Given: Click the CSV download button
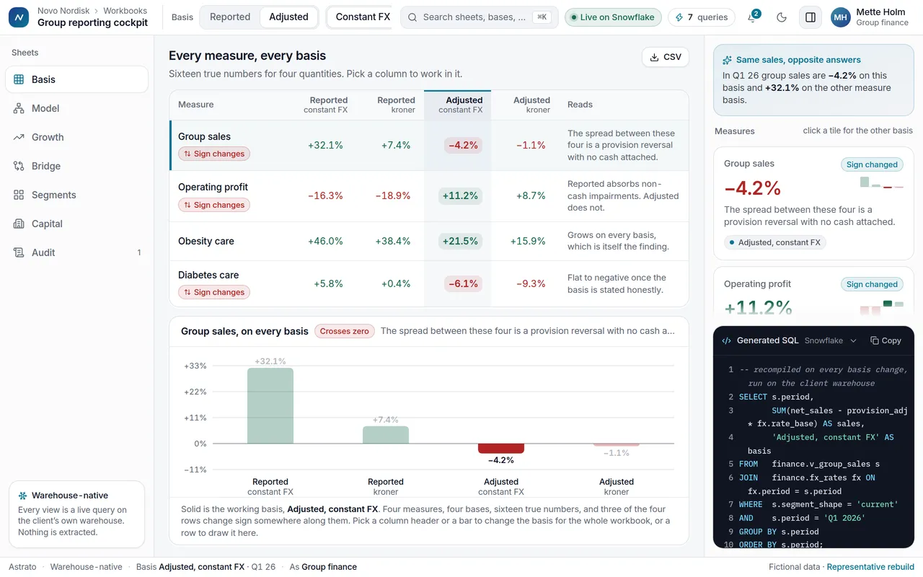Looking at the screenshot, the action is (665, 57).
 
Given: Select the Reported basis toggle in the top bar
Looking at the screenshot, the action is (230, 17).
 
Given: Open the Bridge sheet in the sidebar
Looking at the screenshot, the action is (45, 166).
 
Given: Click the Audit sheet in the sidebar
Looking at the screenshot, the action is (43, 252).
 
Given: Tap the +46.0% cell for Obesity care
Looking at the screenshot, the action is (325, 241).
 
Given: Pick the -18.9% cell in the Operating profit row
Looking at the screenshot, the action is (393, 195).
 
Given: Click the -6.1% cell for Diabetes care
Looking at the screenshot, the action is (463, 283).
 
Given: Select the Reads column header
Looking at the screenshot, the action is (580, 105).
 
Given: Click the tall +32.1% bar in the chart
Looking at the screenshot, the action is (270, 405).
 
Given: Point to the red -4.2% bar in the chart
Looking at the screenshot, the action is (501, 449).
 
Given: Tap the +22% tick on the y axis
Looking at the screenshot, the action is (195, 392).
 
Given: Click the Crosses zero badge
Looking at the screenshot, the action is (345, 331).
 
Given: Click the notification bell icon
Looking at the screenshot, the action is (752, 17).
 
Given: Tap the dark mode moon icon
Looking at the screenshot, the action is (781, 17).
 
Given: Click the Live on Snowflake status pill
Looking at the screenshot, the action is (613, 17).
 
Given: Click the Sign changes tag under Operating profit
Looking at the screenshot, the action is (214, 205).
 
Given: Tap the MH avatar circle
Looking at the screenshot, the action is (841, 17).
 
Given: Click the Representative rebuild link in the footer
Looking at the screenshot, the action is (870, 567).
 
